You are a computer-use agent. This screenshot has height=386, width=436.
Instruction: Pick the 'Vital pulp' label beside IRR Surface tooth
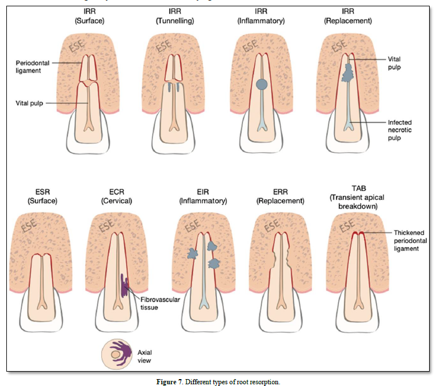click(x=29, y=103)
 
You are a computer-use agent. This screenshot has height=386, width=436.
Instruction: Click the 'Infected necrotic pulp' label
click(x=400, y=130)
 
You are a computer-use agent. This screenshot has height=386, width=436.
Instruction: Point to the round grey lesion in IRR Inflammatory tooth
click(x=262, y=84)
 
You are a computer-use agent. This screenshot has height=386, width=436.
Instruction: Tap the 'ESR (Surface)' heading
click(x=36, y=196)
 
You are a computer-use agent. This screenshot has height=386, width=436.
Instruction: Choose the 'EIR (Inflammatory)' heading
click(x=202, y=196)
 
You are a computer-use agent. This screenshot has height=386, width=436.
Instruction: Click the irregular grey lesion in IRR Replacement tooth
click(x=348, y=72)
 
